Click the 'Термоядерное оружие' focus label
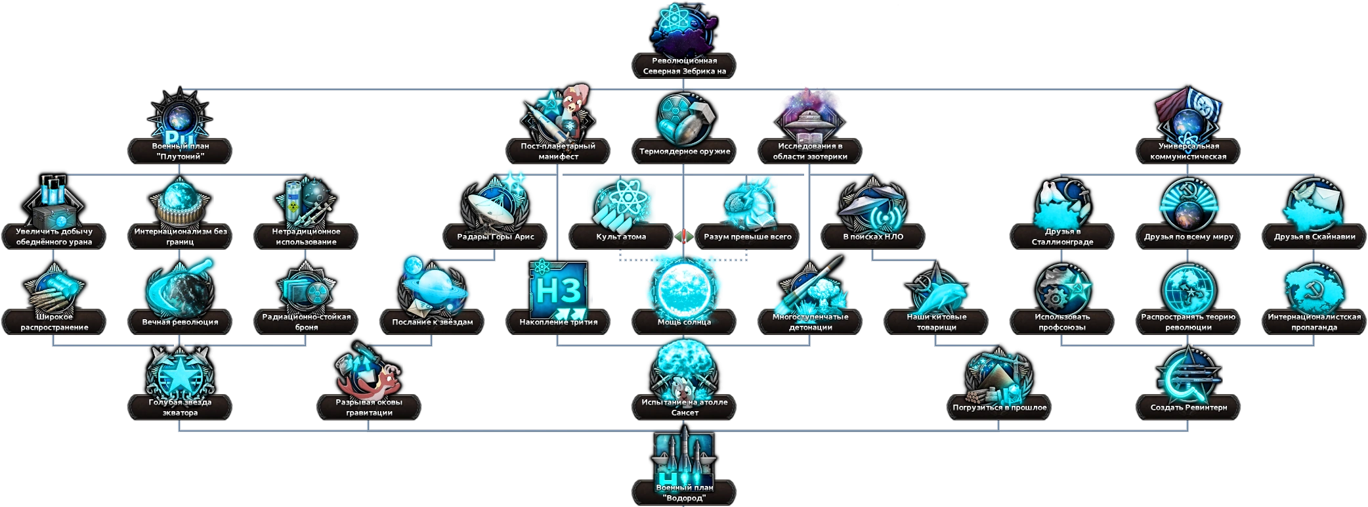click(x=684, y=151)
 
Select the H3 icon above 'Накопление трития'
click(x=557, y=289)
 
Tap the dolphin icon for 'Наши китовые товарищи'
click(x=936, y=290)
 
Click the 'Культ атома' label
click(x=621, y=236)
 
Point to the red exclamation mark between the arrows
click(x=684, y=236)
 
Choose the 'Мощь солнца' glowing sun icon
click(x=684, y=287)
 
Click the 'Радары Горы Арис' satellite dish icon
click(x=495, y=204)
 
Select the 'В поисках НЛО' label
click(x=873, y=236)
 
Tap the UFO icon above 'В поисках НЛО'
click(x=873, y=205)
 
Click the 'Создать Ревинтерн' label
click(x=1188, y=407)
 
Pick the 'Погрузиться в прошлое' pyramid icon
click(x=999, y=376)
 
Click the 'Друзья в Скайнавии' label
click(x=1314, y=236)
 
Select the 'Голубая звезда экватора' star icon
click(x=179, y=374)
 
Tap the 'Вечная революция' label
click(x=180, y=322)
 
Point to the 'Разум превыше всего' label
click(x=747, y=236)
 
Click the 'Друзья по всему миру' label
click(x=1188, y=236)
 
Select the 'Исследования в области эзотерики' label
click(x=810, y=151)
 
